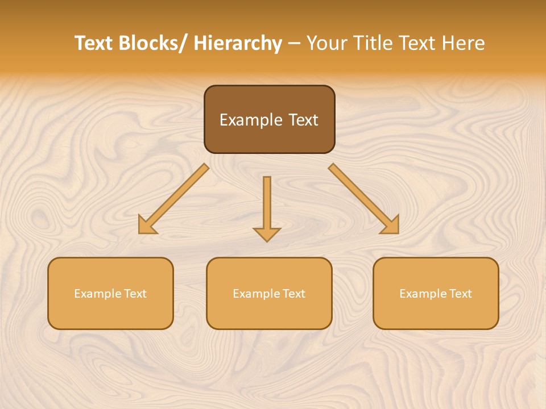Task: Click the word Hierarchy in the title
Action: (x=238, y=44)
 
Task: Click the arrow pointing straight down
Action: (x=267, y=204)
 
